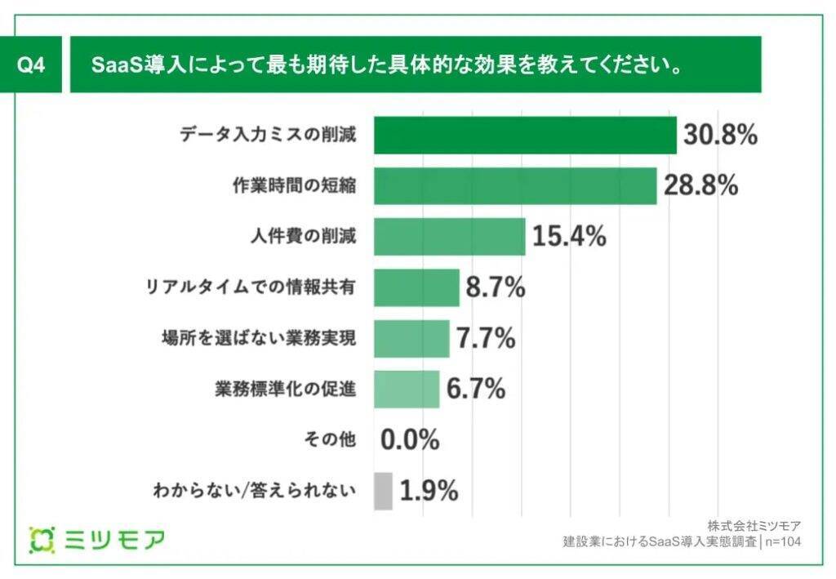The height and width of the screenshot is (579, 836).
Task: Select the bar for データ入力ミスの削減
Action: [525, 135]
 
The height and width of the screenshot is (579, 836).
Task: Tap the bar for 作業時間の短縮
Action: [515, 186]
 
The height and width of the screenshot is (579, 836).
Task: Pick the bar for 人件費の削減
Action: [449, 237]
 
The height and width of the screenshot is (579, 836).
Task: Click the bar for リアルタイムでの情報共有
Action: [416, 287]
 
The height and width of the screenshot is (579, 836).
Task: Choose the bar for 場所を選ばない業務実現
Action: [411, 338]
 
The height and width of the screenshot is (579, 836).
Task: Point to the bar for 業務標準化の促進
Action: [407, 389]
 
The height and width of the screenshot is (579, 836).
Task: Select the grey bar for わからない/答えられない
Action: [383, 491]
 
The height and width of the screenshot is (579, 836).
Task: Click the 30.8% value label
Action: [721, 136]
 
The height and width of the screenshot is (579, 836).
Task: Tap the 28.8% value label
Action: [701, 186]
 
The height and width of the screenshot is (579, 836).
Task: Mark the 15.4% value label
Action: [569, 237]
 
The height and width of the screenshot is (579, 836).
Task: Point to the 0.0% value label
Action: [410, 440]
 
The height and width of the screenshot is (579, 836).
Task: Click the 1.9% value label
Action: [429, 491]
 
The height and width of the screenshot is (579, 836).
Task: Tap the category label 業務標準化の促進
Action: [285, 390]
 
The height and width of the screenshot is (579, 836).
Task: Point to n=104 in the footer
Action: [782, 541]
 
